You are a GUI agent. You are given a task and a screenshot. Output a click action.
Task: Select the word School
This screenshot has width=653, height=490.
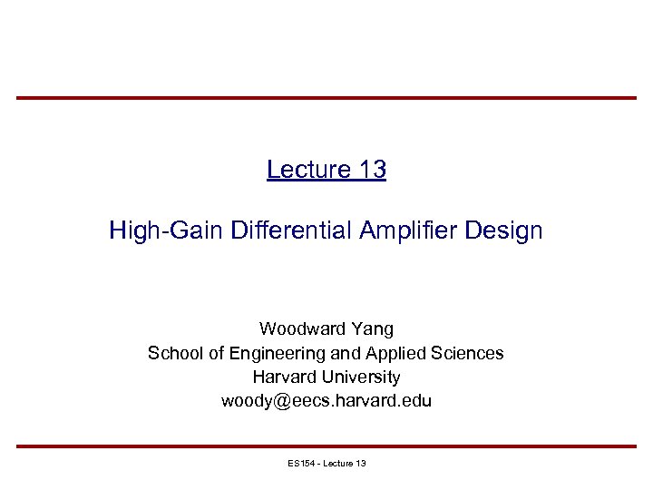[175, 353]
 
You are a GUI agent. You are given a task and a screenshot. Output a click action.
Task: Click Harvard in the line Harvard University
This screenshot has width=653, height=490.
[283, 377]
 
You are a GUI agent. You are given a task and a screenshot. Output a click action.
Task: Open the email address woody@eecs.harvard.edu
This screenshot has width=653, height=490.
[326, 400]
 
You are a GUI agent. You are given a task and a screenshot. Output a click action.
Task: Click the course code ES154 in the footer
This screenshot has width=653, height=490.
[299, 464]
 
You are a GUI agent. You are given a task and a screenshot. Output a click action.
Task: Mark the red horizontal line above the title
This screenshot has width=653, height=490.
[326, 98]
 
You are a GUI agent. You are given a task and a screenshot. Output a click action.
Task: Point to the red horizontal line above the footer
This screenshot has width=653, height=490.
[326, 446]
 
